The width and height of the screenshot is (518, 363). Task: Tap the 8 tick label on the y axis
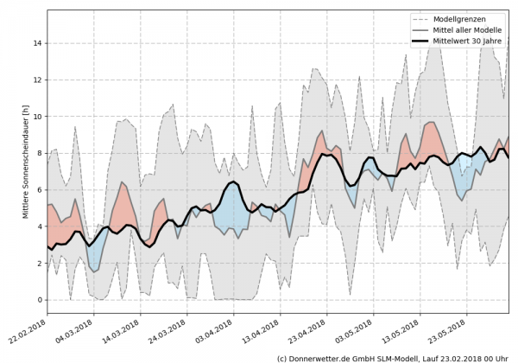[x=38, y=153]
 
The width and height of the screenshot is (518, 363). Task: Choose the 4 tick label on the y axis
[x=38, y=226]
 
